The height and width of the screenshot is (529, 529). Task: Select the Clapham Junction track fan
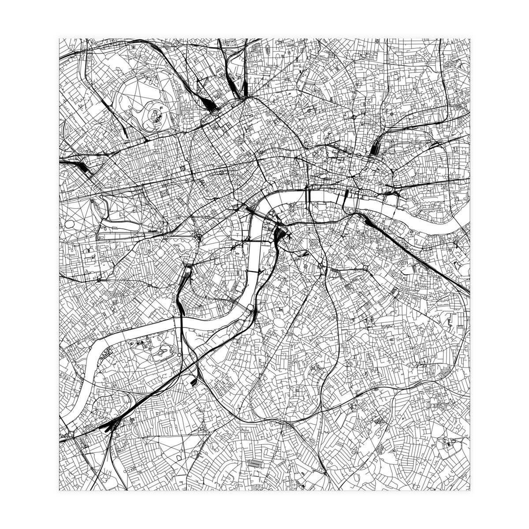pos(110,425)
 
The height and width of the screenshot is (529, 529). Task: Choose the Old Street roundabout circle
pos(354,118)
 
